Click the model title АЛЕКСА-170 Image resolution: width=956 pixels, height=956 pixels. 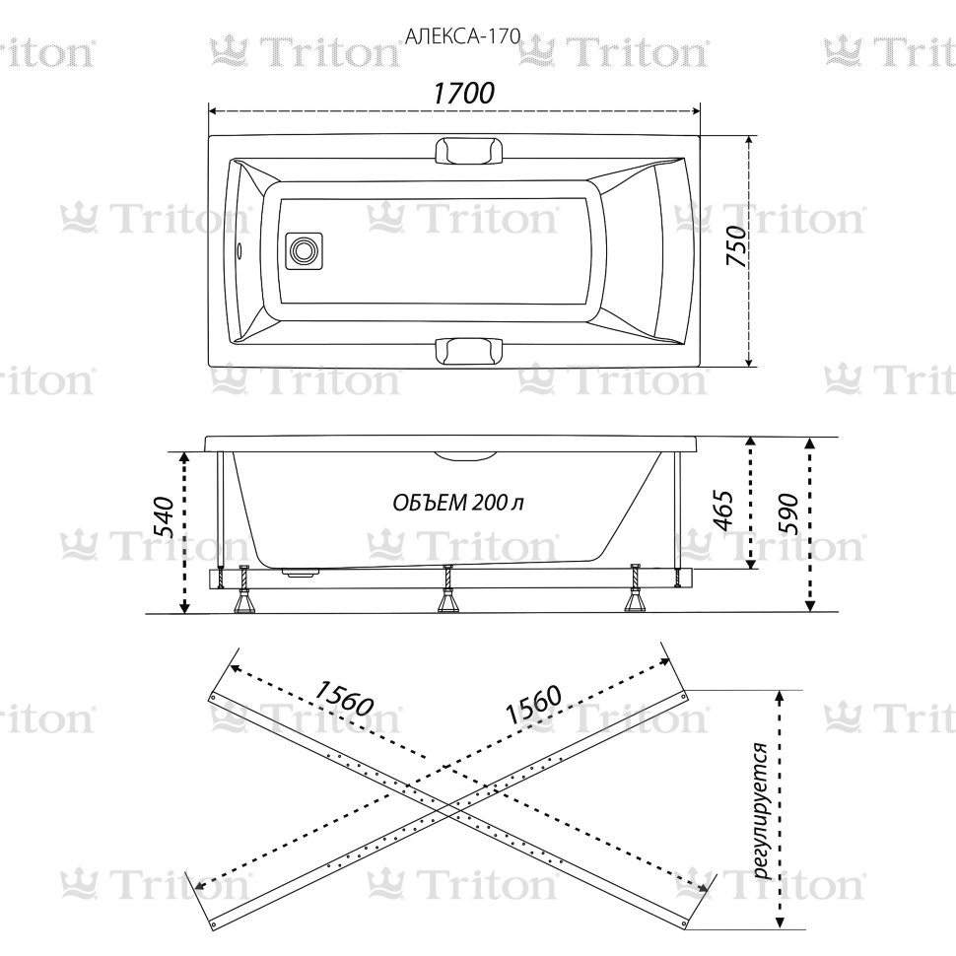[x=455, y=37]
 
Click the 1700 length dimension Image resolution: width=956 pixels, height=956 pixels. [x=462, y=94]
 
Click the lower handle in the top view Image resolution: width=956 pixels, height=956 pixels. [x=468, y=351]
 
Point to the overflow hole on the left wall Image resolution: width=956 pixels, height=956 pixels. [x=239, y=250]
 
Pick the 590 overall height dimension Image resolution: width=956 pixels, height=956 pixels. [x=789, y=512]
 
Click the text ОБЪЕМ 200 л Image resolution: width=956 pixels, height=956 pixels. [x=458, y=503]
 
